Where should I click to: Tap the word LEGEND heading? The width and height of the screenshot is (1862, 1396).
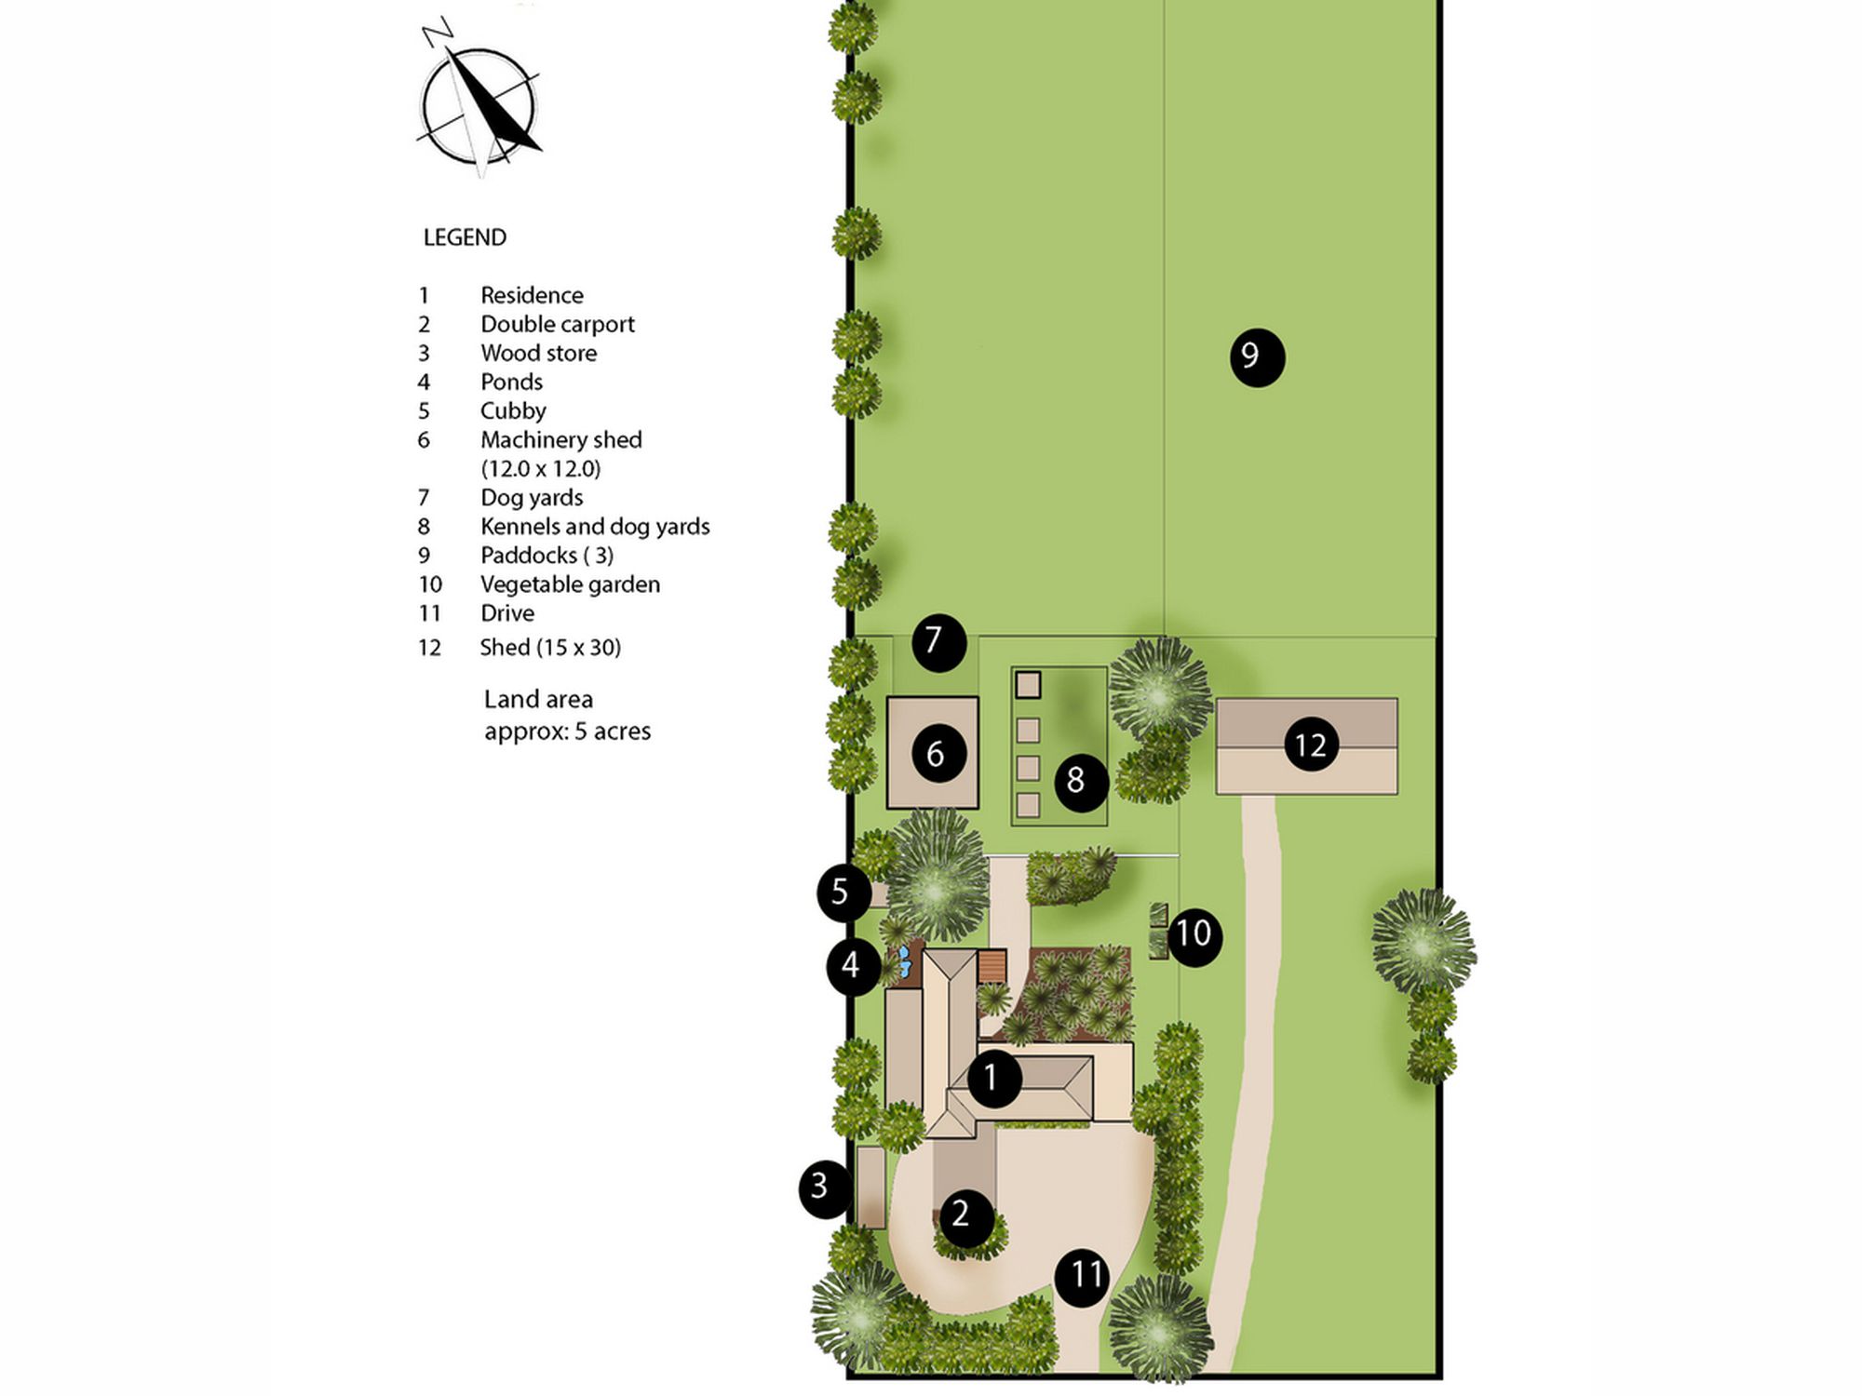(465, 237)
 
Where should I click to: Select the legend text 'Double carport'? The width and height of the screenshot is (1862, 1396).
(557, 324)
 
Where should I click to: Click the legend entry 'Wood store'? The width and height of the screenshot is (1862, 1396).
(538, 353)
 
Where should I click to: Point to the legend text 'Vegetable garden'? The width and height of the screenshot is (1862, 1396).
(570, 584)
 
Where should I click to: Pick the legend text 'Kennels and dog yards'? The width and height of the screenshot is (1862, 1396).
(595, 527)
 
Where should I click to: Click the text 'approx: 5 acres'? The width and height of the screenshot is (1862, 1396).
(567, 732)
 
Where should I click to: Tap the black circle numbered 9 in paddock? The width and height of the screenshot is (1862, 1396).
(1257, 357)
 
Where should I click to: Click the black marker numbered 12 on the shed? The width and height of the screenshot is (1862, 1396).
(1311, 745)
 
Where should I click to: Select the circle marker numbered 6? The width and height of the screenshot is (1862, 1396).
(936, 753)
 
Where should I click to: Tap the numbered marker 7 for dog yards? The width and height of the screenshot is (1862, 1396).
(938, 642)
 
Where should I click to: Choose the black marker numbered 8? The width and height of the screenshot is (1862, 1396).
(1080, 782)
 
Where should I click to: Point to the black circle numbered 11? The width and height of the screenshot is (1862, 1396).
(1082, 1277)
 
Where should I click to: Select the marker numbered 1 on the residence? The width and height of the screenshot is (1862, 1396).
(994, 1079)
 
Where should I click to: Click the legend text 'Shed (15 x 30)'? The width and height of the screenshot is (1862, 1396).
(550, 648)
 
